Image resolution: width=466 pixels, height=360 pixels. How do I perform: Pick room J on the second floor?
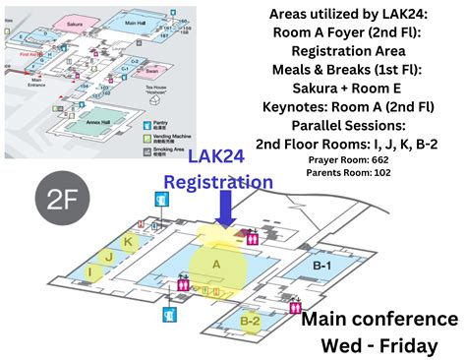point(110,257)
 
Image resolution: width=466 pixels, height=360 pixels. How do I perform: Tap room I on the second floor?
point(91,270)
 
